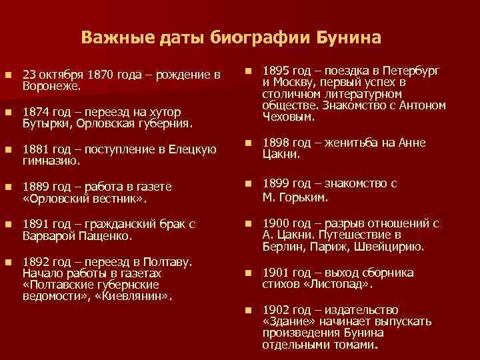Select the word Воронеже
coord(51,85)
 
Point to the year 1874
coord(36,112)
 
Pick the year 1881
coord(36,149)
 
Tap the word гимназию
coord(51,160)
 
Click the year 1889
coord(36,187)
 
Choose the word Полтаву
coord(168,262)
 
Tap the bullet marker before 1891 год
coord(7,225)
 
